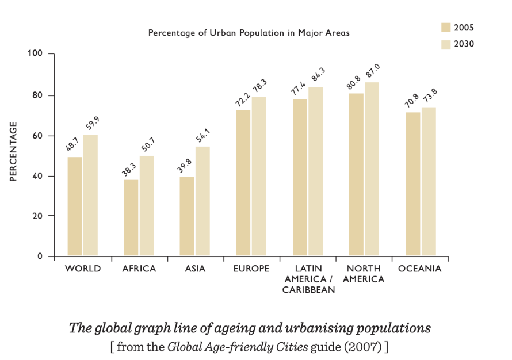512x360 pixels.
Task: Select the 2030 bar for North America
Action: click(372, 169)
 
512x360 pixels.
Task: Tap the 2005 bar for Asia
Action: click(187, 216)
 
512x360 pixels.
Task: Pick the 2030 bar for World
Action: click(91, 195)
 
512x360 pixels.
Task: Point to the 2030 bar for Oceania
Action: click(429, 181)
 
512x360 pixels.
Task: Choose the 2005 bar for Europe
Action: click(243, 182)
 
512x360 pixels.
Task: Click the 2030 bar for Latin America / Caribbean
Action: click(315, 171)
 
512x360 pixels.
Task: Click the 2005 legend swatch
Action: click(446, 28)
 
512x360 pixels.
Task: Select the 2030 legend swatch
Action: click(446, 44)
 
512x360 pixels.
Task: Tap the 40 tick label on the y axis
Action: click(38, 176)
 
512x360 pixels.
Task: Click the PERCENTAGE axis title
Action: click(13, 151)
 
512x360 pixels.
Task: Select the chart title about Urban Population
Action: click(249, 33)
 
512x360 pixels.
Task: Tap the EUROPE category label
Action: click(251, 269)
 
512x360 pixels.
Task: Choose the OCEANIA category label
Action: click(419, 269)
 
